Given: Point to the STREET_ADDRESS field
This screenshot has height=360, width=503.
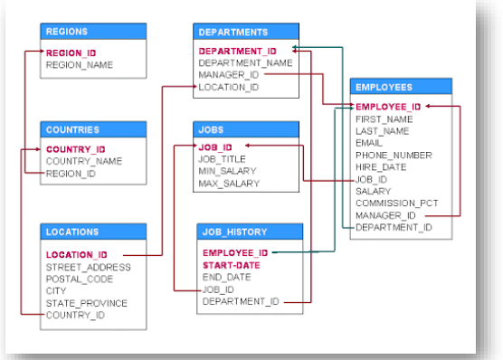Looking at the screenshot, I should (88, 267).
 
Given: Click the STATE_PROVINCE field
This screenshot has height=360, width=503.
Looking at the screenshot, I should (87, 303).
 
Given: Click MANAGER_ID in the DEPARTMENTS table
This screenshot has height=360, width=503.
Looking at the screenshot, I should (229, 75).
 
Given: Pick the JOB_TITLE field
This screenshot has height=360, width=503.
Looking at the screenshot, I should (223, 157).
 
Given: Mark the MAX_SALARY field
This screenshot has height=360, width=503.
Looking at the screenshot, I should (228, 183).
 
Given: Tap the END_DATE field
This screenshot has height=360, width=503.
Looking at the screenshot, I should (225, 278).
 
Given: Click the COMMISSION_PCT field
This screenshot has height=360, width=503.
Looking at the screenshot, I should (397, 204).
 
